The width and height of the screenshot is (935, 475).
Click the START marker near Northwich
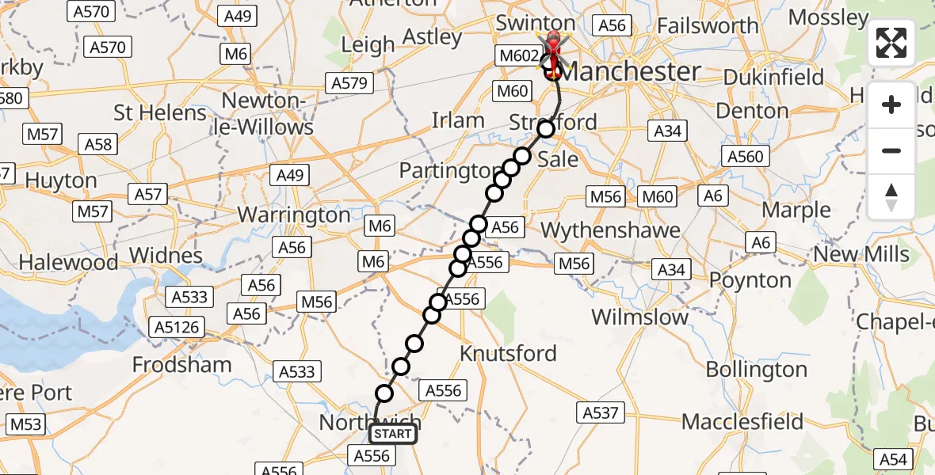pyautogui.click(x=392, y=433)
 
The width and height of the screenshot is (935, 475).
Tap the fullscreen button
pyautogui.click(x=891, y=43)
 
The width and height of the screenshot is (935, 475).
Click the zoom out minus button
pyautogui.click(x=891, y=150)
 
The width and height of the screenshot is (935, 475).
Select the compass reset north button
pyautogui.click(x=891, y=196)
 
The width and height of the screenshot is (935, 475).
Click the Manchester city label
pyautogui.click(x=631, y=72)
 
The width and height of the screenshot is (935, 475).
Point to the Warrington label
pyautogui.click(x=294, y=215)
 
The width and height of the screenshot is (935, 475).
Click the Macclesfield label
pyautogui.click(x=742, y=421)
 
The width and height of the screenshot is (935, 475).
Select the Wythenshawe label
pyautogui.click(x=610, y=230)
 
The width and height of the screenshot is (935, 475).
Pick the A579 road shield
pyautogui.click(x=349, y=83)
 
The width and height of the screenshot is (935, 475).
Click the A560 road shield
pyautogui.click(x=745, y=156)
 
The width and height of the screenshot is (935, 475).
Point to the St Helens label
pyautogui.click(x=160, y=112)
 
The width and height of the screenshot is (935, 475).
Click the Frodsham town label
pyautogui.click(x=182, y=365)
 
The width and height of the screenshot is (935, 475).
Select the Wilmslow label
pyautogui.click(x=640, y=317)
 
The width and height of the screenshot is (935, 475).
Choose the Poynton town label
pyautogui.click(x=750, y=280)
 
